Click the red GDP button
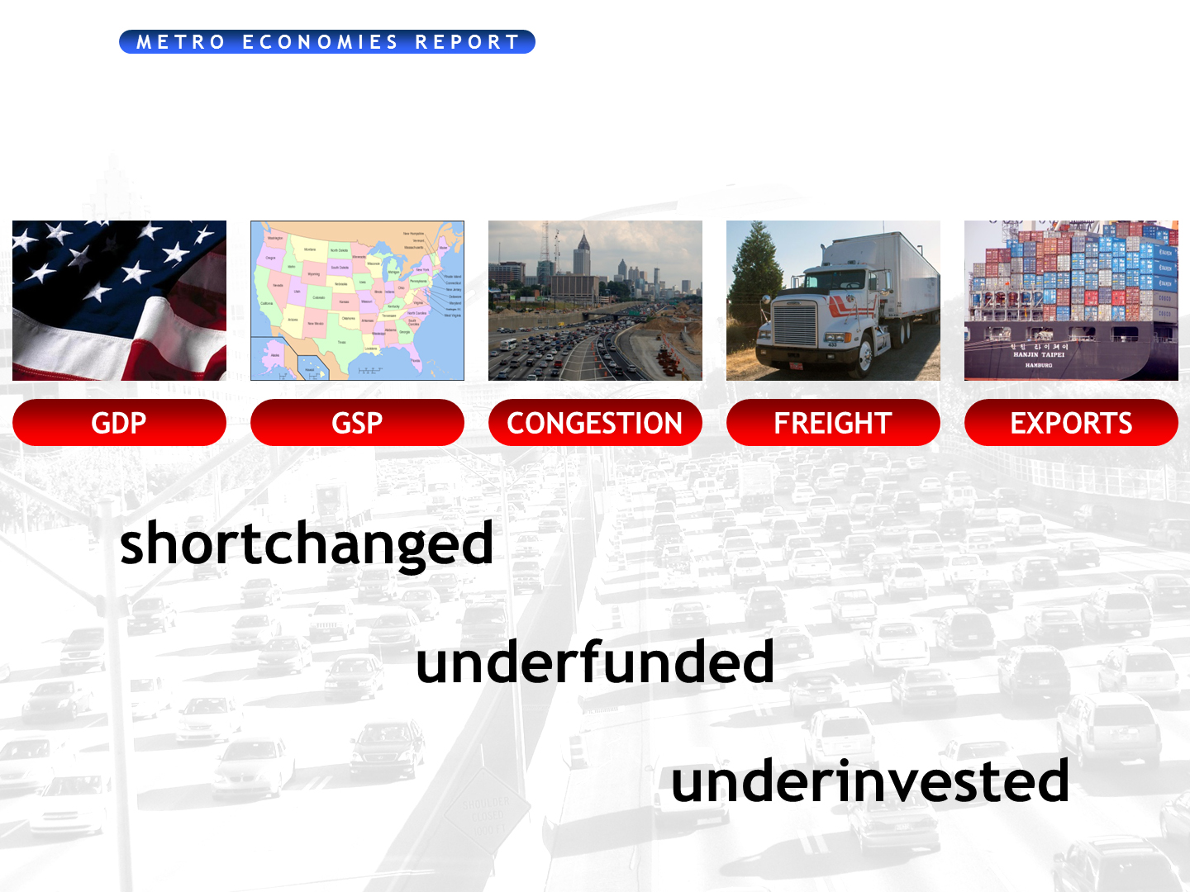coord(119,423)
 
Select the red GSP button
coord(357,423)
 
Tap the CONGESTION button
coord(595,423)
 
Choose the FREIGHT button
coord(833,423)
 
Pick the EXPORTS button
coord(1071,423)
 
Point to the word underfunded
coord(594,663)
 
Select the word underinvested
coord(869,782)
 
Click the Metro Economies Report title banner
coord(327,42)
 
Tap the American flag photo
coord(119,301)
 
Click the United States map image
coord(357,301)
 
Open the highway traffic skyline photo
coord(595,301)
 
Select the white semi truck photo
coord(833,301)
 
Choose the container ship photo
coord(1071,301)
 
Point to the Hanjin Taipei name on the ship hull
coord(1039,354)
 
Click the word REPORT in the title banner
coord(467,42)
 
